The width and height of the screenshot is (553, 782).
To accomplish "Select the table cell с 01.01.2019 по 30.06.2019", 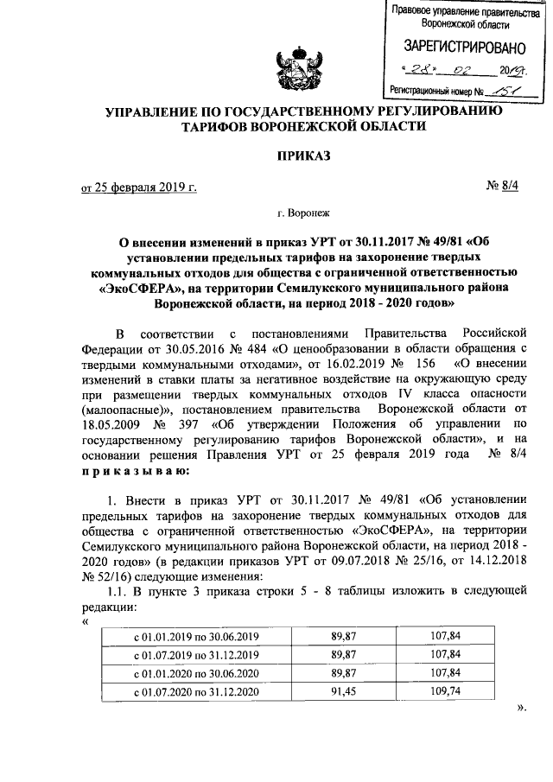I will tap(195, 638).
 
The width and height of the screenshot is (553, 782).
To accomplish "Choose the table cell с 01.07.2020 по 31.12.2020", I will tap(195, 692).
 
